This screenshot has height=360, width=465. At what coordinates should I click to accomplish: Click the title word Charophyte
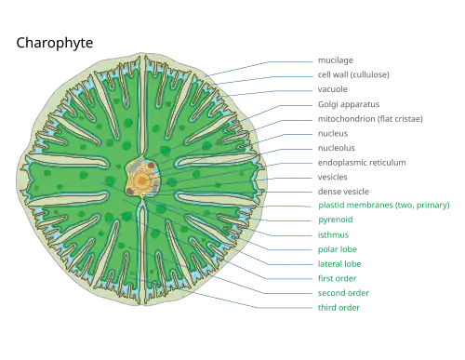click(55, 43)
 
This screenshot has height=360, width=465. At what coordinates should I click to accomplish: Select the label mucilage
click(336, 60)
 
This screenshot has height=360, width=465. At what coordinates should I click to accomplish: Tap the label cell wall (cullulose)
click(353, 74)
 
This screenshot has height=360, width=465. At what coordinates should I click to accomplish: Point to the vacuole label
click(332, 89)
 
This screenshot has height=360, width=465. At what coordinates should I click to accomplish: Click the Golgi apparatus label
click(349, 104)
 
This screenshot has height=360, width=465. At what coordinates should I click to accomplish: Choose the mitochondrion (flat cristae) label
click(370, 119)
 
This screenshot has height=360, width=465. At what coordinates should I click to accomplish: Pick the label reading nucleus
click(333, 134)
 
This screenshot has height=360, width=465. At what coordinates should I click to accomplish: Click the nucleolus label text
click(337, 148)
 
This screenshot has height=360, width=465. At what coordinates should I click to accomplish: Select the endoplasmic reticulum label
click(362, 163)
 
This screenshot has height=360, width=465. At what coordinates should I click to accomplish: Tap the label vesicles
click(332, 177)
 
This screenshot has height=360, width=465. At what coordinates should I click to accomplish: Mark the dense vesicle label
click(343, 192)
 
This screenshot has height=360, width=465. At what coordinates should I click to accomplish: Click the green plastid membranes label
click(384, 205)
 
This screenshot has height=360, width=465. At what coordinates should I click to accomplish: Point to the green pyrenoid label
click(336, 220)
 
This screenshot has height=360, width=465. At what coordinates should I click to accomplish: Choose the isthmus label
click(333, 234)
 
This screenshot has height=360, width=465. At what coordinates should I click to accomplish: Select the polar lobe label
click(338, 249)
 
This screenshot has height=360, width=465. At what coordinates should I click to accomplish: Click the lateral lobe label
click(339, 264)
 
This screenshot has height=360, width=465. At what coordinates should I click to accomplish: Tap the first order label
click(337, 278)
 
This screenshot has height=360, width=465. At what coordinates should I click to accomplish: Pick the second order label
click(343, 293)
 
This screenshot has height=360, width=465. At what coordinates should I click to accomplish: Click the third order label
click(339, 308)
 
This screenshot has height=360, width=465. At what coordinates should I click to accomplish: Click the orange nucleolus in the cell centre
click(142, 180)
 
